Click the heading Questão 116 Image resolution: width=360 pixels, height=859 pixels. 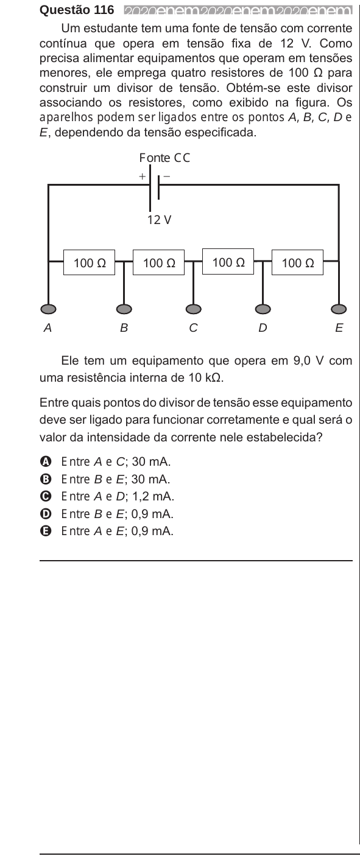coord(77,10)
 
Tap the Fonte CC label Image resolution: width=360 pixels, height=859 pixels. coord(164,158)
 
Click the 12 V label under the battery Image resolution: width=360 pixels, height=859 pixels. coord(159,220)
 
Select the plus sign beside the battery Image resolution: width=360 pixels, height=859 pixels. coord(143,177)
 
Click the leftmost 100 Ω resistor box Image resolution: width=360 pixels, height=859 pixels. coord(89,262)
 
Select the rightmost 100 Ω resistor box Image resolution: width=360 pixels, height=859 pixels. coord(297,262)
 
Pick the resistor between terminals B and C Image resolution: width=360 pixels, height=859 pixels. coord(158,262)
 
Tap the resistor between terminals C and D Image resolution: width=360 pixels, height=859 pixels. coord(228,262)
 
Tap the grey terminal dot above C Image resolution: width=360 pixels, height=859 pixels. coord(194,309)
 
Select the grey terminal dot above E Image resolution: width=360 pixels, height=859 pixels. coord(339,309)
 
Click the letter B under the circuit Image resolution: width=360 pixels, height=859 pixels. coord(124,328)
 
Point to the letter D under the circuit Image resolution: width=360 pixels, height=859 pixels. coord(263,328)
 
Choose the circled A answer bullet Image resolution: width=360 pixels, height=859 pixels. coord(45,461)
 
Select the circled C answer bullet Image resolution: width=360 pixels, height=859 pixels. coord(45,497)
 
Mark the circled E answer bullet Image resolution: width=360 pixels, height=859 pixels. coord(45,531)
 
